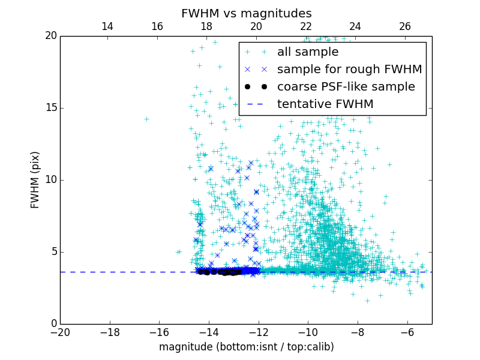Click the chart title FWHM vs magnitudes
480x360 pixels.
pos(246,13)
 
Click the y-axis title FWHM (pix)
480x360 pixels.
pos(35,180)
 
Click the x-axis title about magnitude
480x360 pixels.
pos(246,347)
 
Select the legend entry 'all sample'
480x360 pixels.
pos(308,52)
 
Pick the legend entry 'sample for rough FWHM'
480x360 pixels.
pos(349,70)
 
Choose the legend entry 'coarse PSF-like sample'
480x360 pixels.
pos(346,87)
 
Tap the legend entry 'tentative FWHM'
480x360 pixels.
pos(325,104)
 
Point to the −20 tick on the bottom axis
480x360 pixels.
pos(60,332)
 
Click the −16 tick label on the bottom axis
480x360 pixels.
pos(159,332)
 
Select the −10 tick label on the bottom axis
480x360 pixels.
pos(308,332)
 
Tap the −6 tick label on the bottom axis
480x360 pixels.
pos(407,332)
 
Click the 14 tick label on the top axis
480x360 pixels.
pos(107,26)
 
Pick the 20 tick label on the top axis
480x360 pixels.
pos(256,26)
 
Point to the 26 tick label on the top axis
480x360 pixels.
pos(405,26)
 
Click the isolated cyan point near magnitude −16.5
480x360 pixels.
pos(146,119)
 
